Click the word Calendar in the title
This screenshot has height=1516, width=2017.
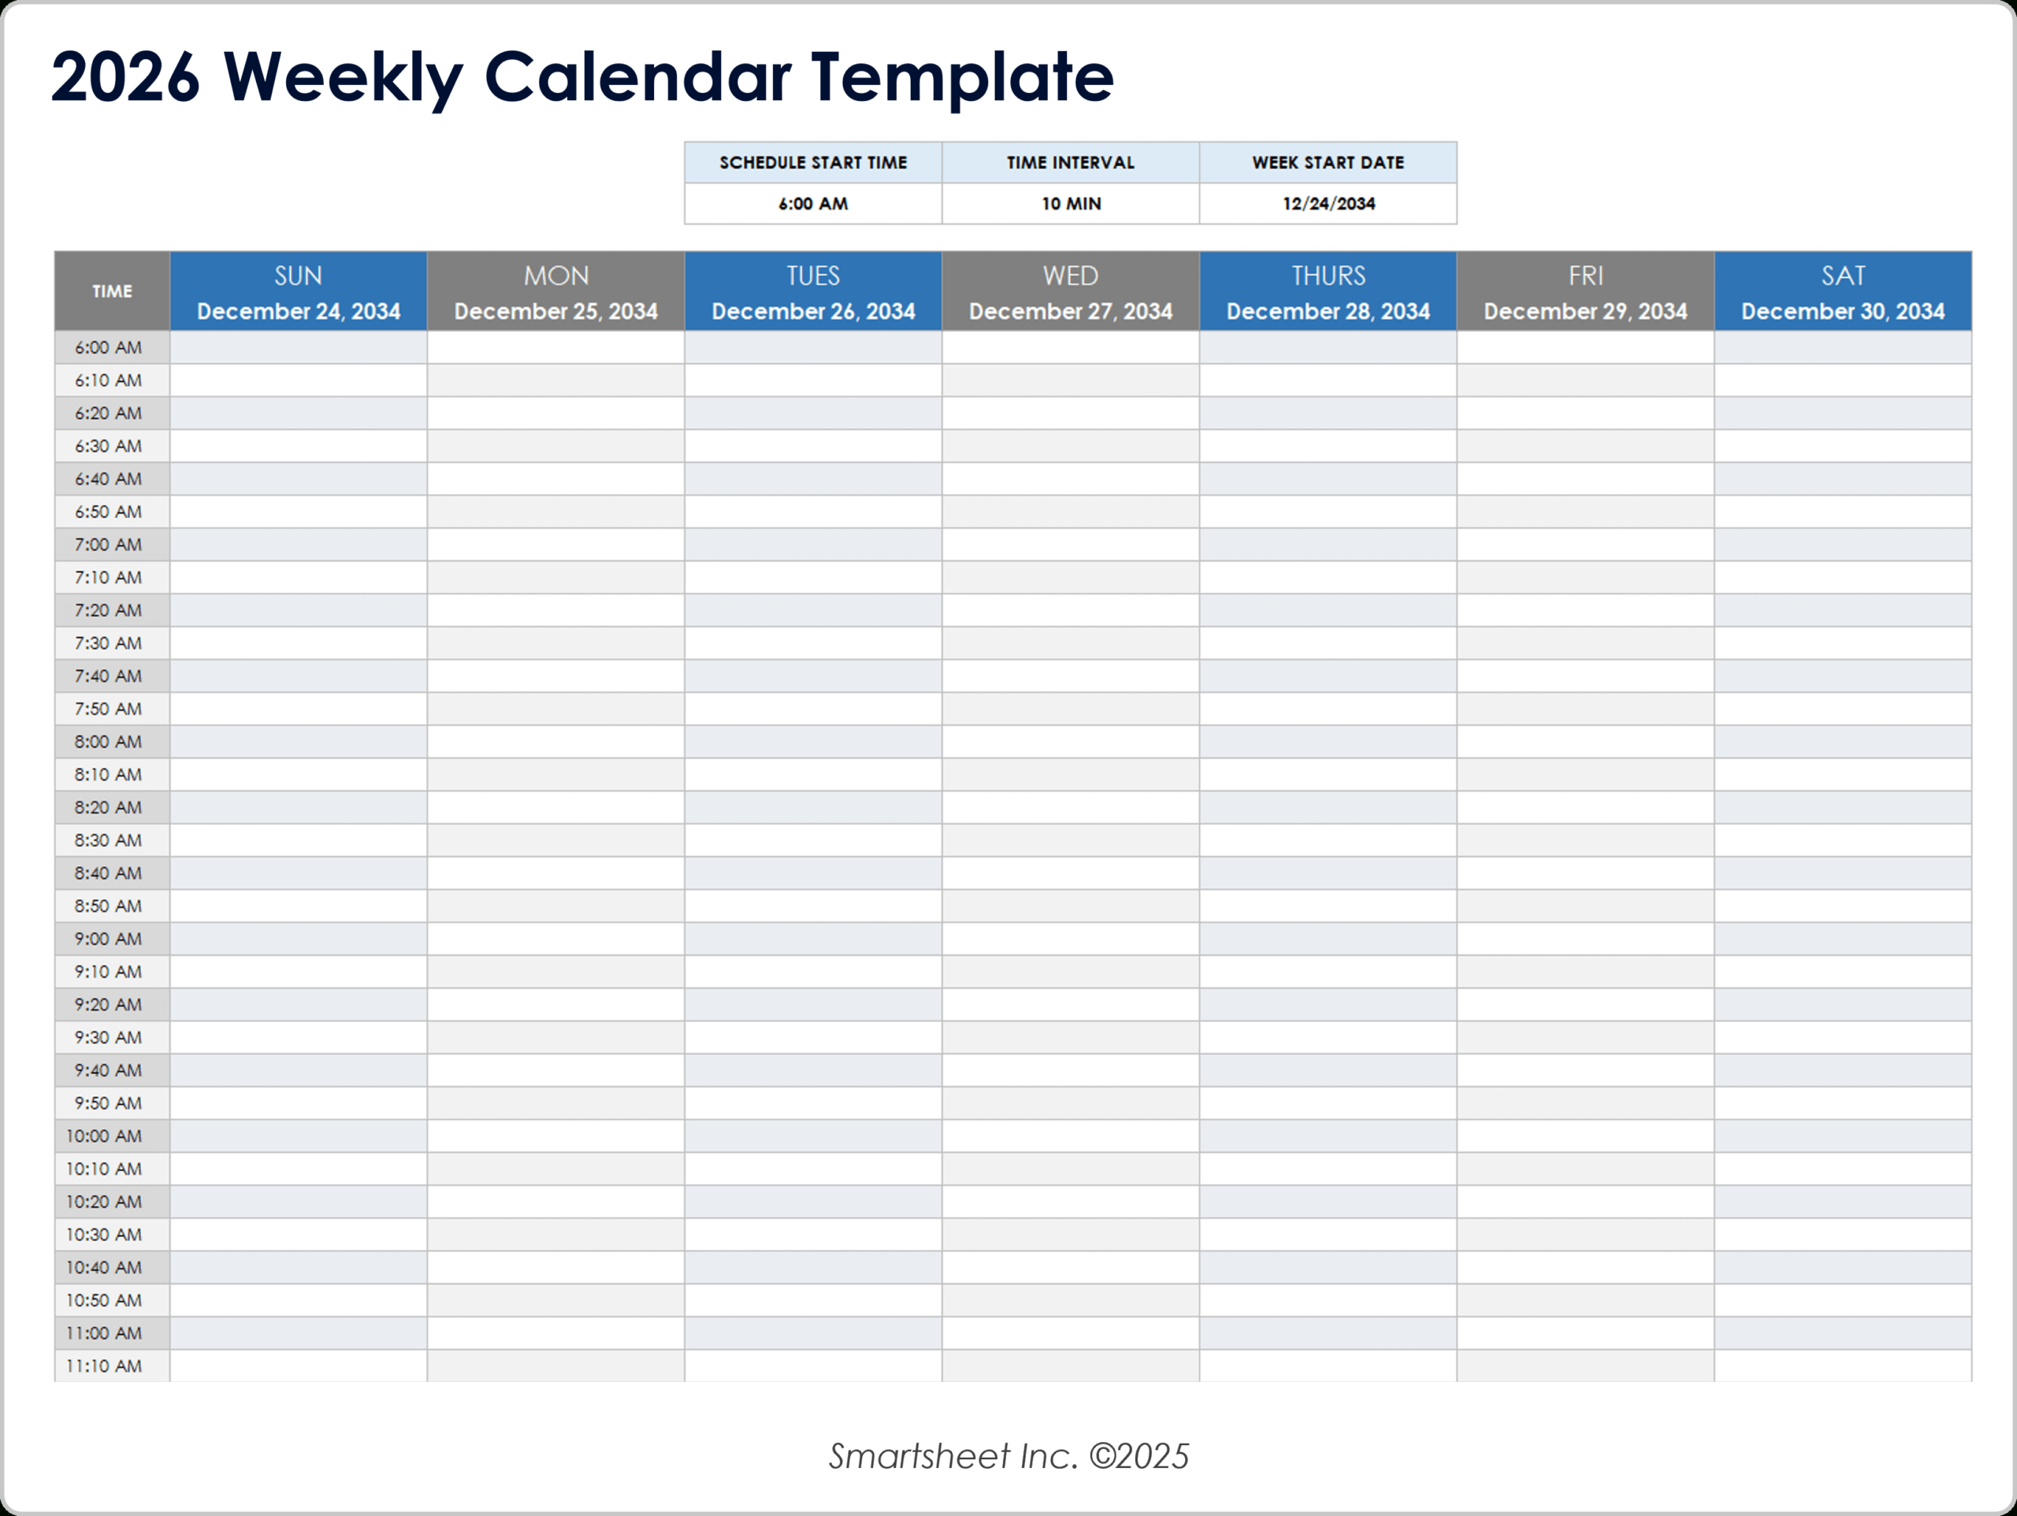click(x=637, y=76)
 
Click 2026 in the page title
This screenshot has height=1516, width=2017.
click(x=125, y=76)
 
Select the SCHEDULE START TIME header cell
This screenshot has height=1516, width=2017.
click(x=812, y=162)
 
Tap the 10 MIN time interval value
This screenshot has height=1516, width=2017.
click(x=1071, y=203)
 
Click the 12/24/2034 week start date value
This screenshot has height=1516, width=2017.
click(x=1328, y=203)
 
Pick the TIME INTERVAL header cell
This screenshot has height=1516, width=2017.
click(x=1071, y=162)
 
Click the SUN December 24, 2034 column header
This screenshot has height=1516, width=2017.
click(x=298, y=292)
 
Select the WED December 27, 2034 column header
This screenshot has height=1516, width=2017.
click(x=1071, y=292)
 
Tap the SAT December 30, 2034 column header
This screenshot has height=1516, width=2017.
click(x=1842, y=292)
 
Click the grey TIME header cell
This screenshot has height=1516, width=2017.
click(x=112, y=292)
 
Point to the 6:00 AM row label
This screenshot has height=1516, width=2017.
click(x=109, y=347)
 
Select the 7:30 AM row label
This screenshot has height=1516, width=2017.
click(x=109, y=643)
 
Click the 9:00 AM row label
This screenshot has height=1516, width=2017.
click(x=109, y=938)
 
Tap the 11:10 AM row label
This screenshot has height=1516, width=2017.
click(x=104, y=1366)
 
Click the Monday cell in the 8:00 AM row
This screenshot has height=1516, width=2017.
click(x=555, y=741)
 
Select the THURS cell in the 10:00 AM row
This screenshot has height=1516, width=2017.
click(x=1328, y=1135)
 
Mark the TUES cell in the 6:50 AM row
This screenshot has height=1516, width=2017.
click(x=812, y=511)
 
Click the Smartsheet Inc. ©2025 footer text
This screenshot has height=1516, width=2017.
click(x=1008, y=1457)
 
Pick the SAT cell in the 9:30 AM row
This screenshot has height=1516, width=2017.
click(x=1842, y=1037)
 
